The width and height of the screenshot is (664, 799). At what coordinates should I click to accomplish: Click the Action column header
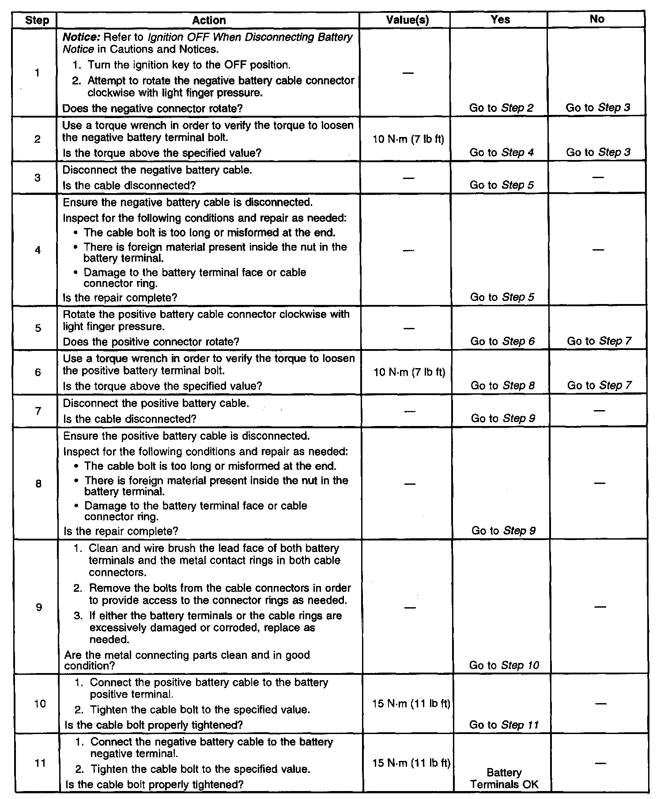(x=209, y=20)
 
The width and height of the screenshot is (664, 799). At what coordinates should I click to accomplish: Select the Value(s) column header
(x=407, y=20)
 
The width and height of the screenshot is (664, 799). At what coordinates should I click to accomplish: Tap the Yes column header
(x=500, y=19)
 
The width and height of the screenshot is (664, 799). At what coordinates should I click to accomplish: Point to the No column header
(x=597, y=19)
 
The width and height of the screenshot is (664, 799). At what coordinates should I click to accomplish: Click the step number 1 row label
(x=37, y=72)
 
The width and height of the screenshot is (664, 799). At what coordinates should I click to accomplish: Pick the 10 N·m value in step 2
(x=408, y=139)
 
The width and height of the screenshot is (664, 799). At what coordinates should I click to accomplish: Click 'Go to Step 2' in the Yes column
(x=502, y=108)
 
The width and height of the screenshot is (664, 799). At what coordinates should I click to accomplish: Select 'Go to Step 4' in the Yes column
(x=502, y=152)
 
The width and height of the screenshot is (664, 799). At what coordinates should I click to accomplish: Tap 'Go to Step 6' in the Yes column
(x=502, y=341)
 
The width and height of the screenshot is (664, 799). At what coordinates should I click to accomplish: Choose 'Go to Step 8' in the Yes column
(x=502, y=385)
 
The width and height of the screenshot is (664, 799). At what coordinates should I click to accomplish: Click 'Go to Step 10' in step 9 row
(x=504, y=665)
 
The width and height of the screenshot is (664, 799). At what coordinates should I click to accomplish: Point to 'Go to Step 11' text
(x=504, y=725)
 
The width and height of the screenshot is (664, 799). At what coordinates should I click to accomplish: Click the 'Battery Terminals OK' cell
(x=504, y=778)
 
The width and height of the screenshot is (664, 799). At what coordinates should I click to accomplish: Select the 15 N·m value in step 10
(x=411, y=704)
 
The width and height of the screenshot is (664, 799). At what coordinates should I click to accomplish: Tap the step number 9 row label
(x=39, y=607)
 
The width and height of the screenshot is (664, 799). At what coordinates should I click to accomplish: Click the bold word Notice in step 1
(x=77, y=37)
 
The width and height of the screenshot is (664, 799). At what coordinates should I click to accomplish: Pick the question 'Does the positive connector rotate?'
(x=151, y=342)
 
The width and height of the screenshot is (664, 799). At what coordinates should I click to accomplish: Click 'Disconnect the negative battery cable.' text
(x=157, y=170)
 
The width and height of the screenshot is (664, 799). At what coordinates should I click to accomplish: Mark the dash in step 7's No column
(x=599, y=411)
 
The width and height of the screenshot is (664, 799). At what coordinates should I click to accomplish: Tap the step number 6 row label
(x=38, y=373)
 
